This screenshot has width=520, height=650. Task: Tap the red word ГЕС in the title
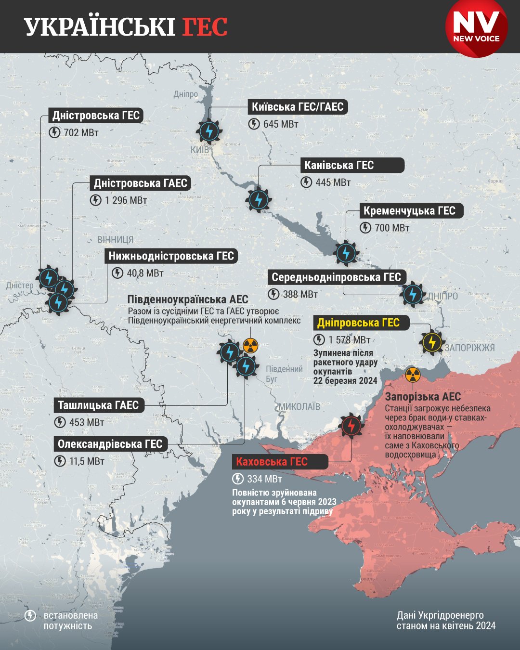click(x=205, y=27)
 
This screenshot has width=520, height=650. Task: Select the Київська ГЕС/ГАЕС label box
click(x=298, y=107)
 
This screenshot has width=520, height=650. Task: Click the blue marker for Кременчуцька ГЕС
click(x=346, y=253)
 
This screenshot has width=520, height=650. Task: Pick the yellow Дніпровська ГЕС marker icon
click(x=432, y=342)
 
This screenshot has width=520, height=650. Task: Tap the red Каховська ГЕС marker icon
click(x=351, y=426)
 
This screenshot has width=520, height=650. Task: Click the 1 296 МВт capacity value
click(x=126, y=200)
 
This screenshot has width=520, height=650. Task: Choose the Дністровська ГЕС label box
click(x=96, y=116)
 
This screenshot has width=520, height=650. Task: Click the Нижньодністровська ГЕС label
click(x=171, y=256)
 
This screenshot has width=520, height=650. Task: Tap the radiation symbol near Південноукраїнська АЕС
click(x=250, y=345)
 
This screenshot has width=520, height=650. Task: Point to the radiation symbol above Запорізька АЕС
click(x=412, y=375)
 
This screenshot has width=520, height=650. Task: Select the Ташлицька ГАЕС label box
click(x=98, y=405)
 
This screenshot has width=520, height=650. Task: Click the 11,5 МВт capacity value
click(x=87, y=461)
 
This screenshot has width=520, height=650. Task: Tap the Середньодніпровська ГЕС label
click(x=337, y=277)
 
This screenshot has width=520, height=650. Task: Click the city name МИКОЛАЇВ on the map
click(x=299, y=407)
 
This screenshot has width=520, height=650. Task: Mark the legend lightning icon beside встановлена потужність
click(x=30, y=616)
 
